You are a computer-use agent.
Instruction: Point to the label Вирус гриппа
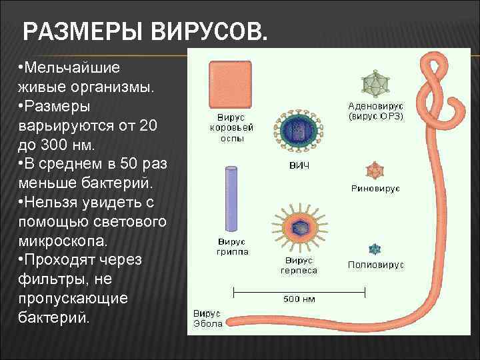231,246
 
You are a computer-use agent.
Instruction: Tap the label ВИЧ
298,165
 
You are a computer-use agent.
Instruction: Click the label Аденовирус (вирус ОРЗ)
376,111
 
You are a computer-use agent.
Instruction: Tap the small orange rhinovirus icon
375,170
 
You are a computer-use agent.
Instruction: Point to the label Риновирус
375,189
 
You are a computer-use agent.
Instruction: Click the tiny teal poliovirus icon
376,249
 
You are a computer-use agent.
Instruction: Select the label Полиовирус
376,265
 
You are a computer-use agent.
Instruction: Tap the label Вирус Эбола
207,319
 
